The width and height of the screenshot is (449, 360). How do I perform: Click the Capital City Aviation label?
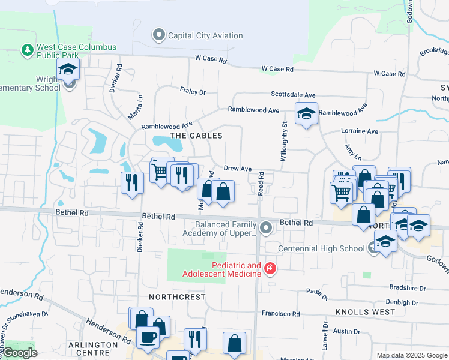tap(205, 35)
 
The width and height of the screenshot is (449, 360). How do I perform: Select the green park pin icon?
tap(27, 50)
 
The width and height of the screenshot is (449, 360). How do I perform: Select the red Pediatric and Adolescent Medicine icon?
tap(270, 268)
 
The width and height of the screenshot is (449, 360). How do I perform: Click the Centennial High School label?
tap(321, 248)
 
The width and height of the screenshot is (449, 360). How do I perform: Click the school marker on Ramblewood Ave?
tap(306, 113)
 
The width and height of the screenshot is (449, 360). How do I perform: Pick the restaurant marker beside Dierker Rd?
tap(132, 182)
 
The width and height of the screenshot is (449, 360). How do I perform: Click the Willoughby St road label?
tap(285, 142)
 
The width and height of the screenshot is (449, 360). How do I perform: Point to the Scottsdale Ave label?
tap(293, 95)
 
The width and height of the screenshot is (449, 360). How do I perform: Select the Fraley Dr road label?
tap(193, 92)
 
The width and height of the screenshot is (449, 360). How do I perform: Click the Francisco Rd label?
tap(280, 314)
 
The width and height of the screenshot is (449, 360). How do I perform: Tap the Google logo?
tap(20, 353)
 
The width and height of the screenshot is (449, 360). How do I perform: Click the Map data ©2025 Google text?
tap(411, 355)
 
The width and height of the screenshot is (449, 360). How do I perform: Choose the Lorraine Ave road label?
tap(359, 131)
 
